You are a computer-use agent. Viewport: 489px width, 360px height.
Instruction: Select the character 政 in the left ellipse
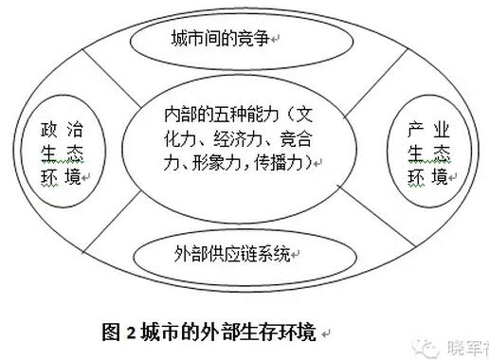pos(49,129)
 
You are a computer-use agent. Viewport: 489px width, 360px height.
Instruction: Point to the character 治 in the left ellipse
pos(76,129)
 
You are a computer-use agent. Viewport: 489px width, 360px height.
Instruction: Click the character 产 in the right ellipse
pos(414,129)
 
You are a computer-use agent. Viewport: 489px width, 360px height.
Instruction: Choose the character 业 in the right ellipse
pos(442,129)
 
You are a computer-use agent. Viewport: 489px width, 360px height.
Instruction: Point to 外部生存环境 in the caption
pos(268,333)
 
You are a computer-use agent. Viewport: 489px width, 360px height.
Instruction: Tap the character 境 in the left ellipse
pos(76,176)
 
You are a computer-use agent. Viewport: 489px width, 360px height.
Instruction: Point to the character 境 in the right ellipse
pos(442,176)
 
